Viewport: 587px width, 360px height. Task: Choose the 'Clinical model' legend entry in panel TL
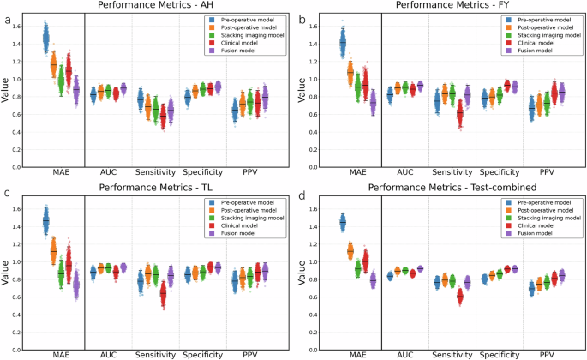pyautogui.click(x=246, y=232)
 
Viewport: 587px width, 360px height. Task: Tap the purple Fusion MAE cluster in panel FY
pyautogui.click(x=373, y=103)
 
